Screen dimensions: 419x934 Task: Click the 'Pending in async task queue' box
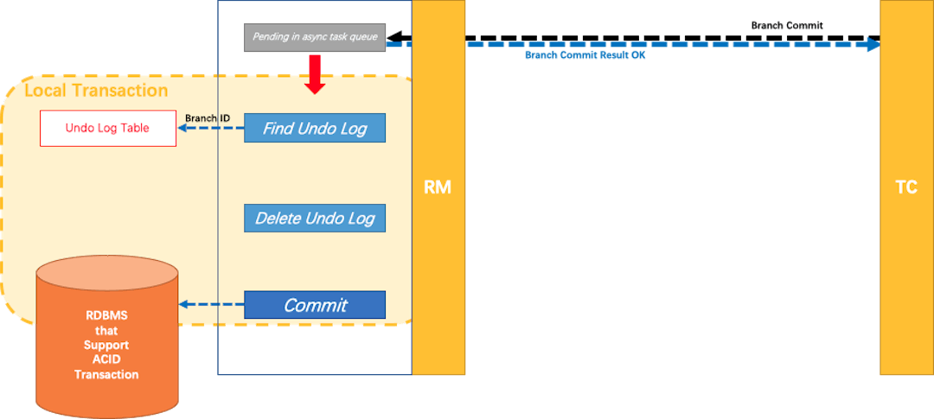click(315, 37)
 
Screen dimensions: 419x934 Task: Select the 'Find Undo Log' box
click(315, 129)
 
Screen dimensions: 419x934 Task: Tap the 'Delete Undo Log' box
click(315, 219)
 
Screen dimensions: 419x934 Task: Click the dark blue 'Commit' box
click(315, 305)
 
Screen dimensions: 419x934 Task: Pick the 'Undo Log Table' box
click(108, 128)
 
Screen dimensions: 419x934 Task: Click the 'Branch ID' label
click(208, 117)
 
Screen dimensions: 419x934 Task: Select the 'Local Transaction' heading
click(96, 91)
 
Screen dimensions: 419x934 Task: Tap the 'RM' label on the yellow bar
click(438, 187)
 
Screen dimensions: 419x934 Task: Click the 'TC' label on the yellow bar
click(906, 187)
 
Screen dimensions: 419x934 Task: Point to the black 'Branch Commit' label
click(786, 25)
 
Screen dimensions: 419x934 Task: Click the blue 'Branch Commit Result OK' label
click(585, 54)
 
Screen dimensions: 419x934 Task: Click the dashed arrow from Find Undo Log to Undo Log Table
click(211, 129)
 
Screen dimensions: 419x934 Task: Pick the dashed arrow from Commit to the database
click(211, 304)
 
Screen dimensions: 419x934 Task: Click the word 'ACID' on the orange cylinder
click(106, 359)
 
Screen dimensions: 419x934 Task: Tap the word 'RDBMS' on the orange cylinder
click(106, 315)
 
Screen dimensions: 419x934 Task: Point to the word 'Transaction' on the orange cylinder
click(106, 374)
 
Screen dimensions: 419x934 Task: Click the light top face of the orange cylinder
click(107, 271)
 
